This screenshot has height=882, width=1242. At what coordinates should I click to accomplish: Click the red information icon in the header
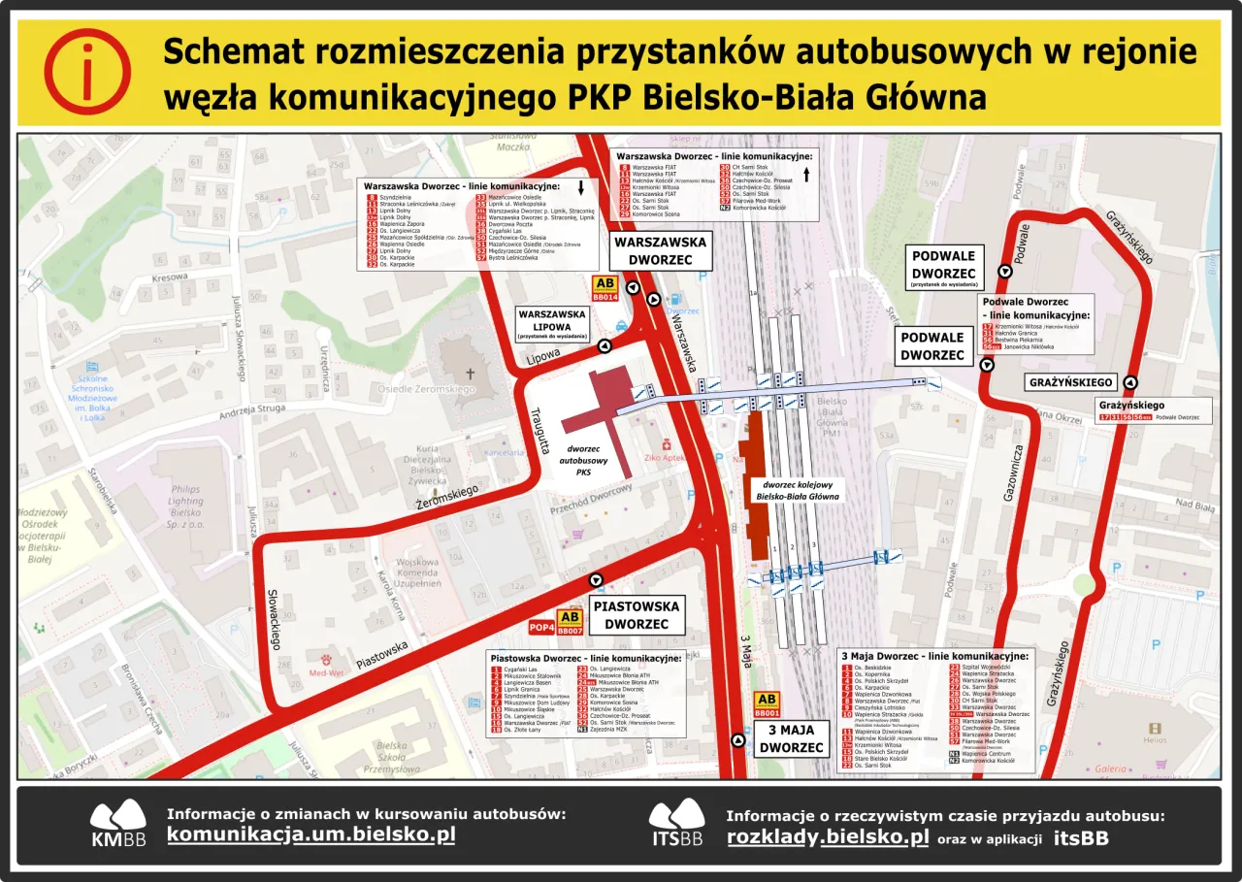click(x=87, y=72)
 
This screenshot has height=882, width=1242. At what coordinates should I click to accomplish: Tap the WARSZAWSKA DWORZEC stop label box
click(x=660, y=250)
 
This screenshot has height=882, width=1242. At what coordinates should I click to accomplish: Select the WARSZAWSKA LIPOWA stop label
click(x=552, y=324)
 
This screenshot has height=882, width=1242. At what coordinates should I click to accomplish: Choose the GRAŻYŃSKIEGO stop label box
click(x=1070, y=382)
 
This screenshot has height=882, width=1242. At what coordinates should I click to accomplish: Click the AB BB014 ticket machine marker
click(x=605, y=289)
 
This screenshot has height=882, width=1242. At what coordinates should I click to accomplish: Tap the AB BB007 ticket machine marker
click(x=570, y=622)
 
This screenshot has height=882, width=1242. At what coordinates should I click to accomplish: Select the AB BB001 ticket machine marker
click(x=767, y=704)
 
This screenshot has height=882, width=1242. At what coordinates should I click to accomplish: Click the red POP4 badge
click(x=540, y=628)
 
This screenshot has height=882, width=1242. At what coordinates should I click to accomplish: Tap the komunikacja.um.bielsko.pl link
click(x=310, y=834)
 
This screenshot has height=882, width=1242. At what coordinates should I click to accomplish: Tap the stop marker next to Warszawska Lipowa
click(x=605, y=345)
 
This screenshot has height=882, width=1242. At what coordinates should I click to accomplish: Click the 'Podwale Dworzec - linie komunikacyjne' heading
click(x=1036, y=309)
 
